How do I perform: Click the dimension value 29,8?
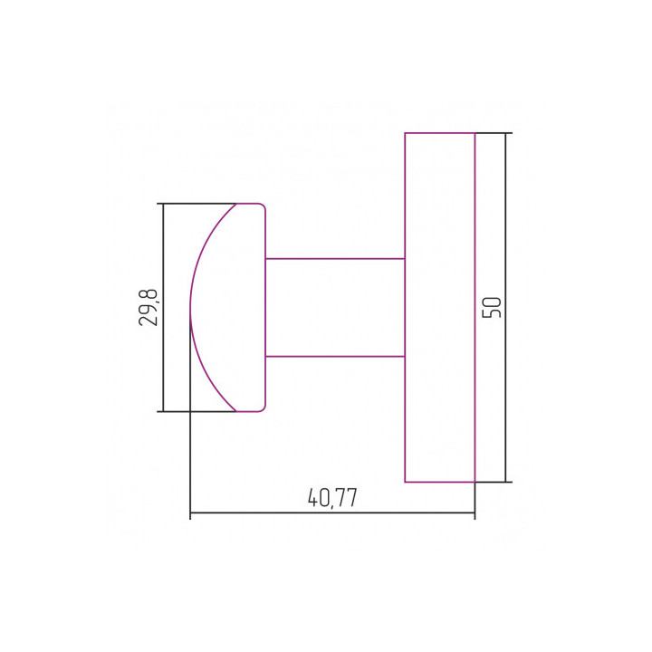[x=149, y=307]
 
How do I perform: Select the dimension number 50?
[x=492, y=307]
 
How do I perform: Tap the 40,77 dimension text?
[x=332, y=497]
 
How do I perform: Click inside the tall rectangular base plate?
[x=439, y=307]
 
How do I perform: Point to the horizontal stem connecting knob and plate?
[x=335, y=307]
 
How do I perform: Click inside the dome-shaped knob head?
[x=231, y=307]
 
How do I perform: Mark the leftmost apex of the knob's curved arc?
[x=190, y=307]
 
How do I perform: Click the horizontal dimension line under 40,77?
[x=272, y=514]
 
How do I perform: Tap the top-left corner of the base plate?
[x=405, y=133]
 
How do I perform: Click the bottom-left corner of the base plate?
[x=405, y=482]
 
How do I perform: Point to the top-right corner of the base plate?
[x=475, y=133]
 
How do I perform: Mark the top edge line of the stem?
[x=335, y=258]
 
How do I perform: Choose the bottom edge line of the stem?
[x=335, y=356]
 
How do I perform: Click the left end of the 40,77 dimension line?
[x=190, y=514]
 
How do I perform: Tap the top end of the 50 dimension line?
[x=505, y=133]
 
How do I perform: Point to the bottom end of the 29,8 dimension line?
[x=162, y=411]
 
